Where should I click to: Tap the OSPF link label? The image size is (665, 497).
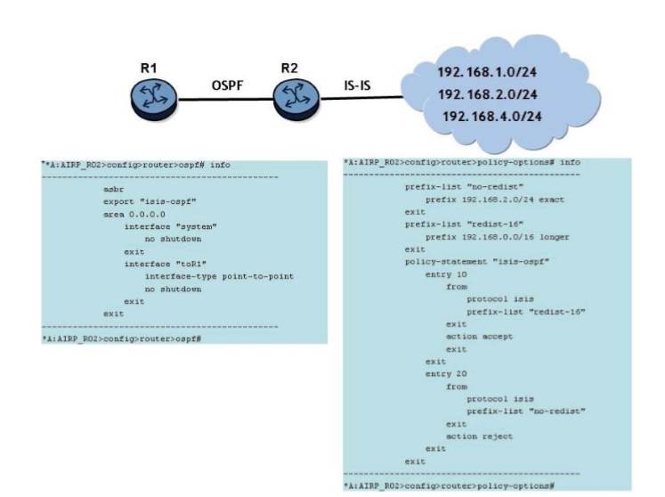point(227,86)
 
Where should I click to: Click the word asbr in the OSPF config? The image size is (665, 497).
point(113,191)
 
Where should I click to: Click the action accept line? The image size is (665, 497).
point(483,337)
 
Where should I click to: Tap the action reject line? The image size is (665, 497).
point(483,436)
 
